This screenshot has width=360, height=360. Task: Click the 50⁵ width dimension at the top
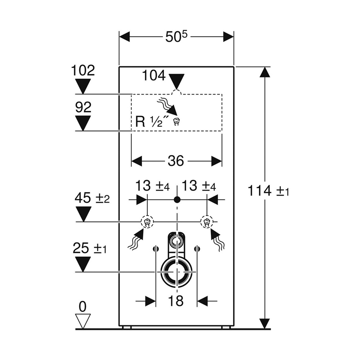click(176, 37)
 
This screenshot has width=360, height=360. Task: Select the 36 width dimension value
click(176, 161)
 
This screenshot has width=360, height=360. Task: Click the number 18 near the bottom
click(176, 301)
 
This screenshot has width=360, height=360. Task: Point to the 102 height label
click(83, 70)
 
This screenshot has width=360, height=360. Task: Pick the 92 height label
click(83, 107)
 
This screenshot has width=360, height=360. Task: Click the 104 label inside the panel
click(154, 76)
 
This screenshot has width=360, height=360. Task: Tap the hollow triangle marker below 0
click(83, 320)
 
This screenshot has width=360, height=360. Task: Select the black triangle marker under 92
click(83, 123)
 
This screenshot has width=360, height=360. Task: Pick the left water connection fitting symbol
click(147, 221)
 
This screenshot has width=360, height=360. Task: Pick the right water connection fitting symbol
click(207, 221)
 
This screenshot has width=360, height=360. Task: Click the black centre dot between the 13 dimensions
click(177, 199)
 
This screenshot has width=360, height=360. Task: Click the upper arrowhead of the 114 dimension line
click(265, 73)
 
